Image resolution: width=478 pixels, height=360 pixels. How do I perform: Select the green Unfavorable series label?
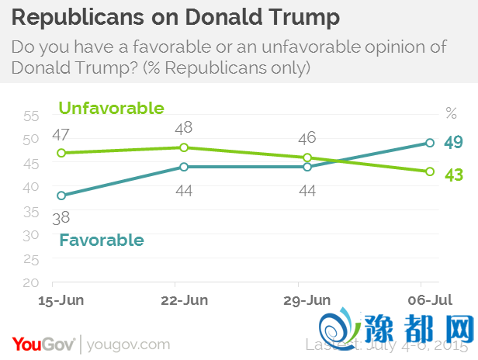pos(111,108)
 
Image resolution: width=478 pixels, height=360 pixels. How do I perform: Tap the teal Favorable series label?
pos(102,240)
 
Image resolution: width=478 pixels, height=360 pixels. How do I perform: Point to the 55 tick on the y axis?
pos(31,116)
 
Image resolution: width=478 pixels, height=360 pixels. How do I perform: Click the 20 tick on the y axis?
pos(31,283)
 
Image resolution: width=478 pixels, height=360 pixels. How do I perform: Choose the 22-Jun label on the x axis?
pos(184,299)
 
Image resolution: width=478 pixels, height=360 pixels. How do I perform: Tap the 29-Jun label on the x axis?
pos(307,299)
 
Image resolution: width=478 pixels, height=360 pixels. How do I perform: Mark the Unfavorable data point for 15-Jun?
pos(61,153)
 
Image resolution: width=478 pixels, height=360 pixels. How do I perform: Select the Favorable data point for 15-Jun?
pos(61,196)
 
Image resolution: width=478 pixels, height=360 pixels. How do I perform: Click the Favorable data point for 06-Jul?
pos(430,143)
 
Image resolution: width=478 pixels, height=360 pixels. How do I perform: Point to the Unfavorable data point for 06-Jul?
pos(430,171)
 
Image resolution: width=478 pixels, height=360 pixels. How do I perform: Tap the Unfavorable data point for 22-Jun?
pos(184,147)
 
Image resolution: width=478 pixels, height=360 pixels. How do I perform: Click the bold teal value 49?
pos(453,142)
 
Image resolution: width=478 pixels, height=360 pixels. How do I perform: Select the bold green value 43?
pos(453,175)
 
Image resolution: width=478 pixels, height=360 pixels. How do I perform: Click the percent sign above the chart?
pos(452,113)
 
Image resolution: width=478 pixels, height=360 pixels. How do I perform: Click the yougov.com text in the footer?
pos(128,344)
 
